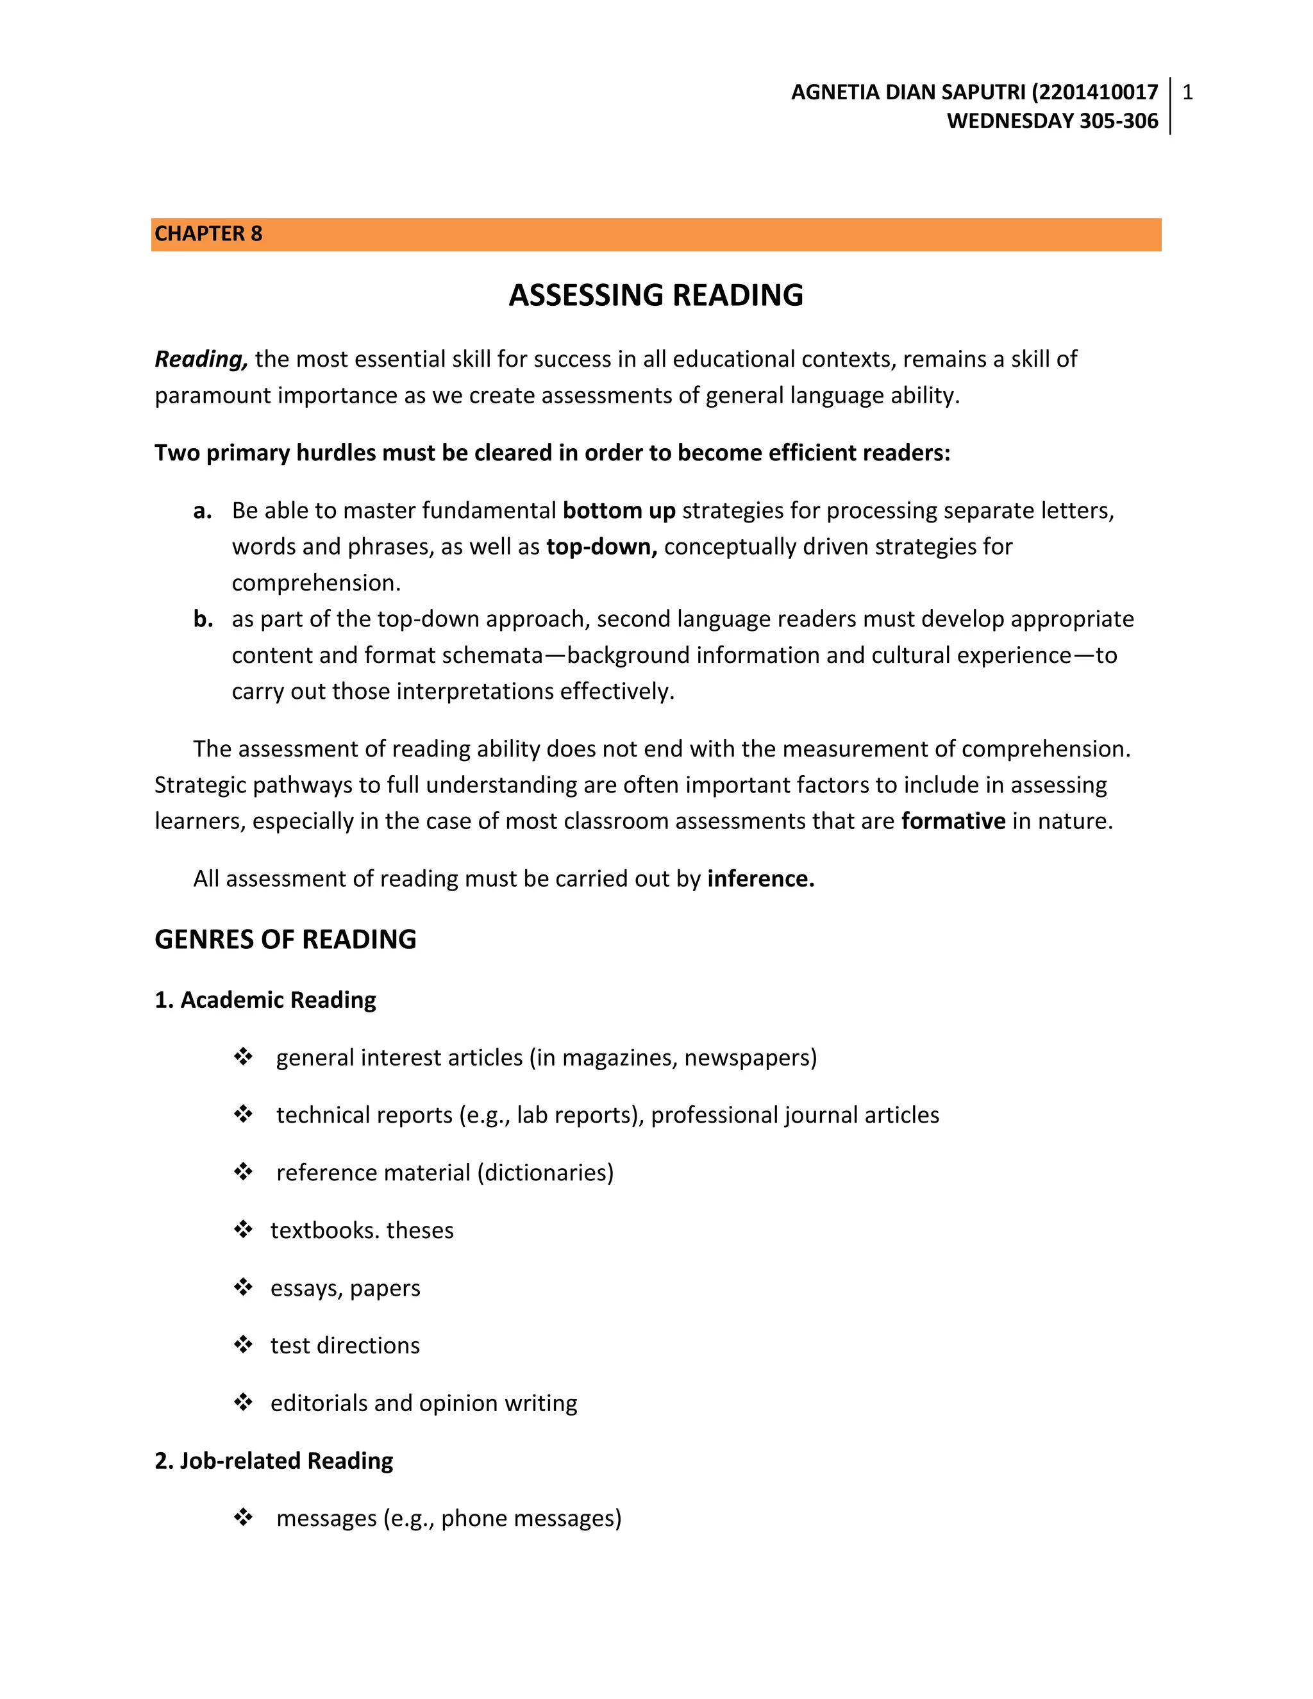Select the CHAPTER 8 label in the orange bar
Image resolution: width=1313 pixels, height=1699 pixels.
(x=208, y=234)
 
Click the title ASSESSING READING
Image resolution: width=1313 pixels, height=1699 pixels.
(x=656, y=296)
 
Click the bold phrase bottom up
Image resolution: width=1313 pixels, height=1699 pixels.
(x=619, y=510)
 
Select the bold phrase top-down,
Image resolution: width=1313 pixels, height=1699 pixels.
(x=601, y=547)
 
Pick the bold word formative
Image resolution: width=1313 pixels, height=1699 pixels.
(x=953, y=821)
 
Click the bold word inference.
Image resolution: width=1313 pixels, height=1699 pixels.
(x=760, y=879)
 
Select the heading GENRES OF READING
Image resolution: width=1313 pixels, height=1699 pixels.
(x=285, y=940)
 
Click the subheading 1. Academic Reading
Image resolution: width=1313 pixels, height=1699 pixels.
(x=265, y=1000)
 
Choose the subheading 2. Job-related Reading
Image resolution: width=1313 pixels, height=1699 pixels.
(x=274, y=1461)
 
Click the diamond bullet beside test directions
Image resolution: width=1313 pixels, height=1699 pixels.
(x=244, y=1344)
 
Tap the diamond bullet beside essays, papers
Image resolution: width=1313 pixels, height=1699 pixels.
(x=244, y=1287)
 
